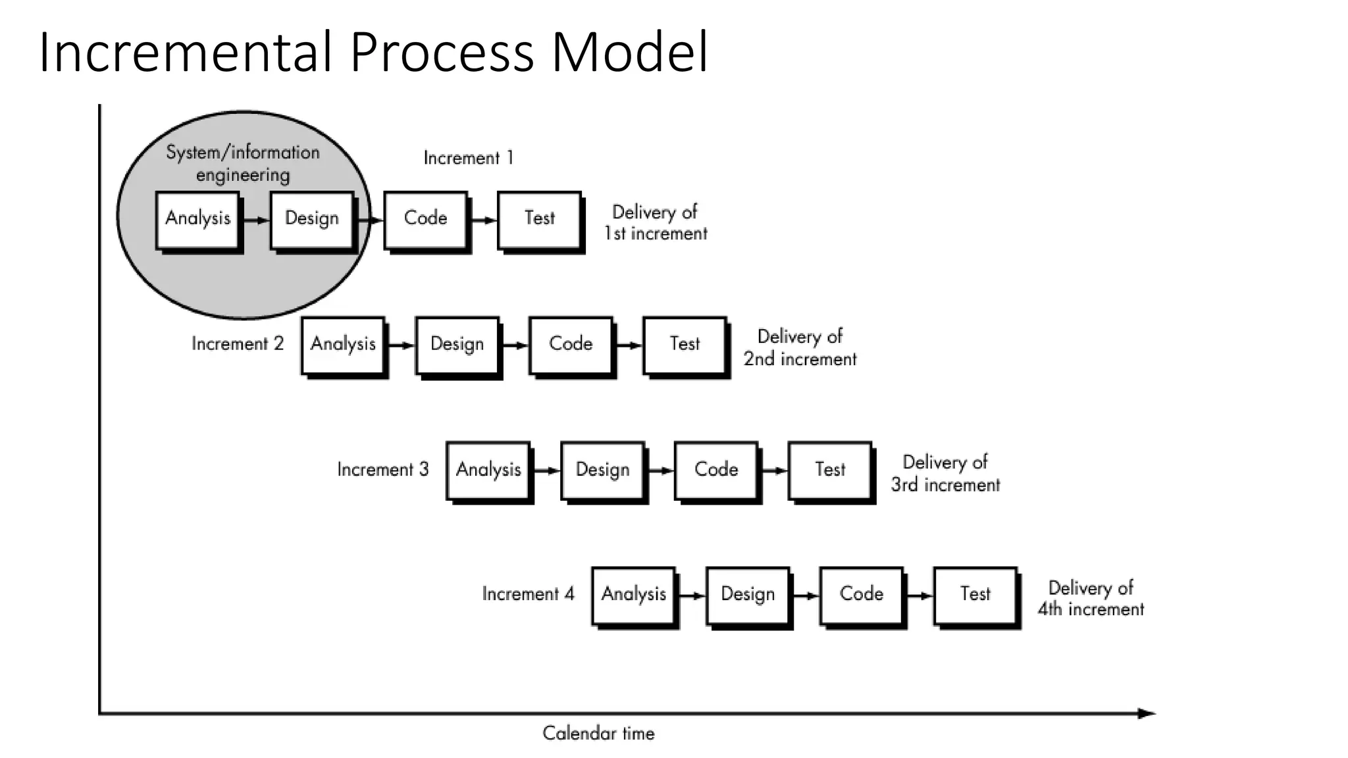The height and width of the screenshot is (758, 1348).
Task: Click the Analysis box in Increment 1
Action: pos(197,219)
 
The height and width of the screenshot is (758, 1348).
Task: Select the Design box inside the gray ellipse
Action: pos(311,219)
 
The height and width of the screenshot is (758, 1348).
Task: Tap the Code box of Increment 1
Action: pos(425,219)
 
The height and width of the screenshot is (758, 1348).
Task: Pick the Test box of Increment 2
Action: pos(685,345)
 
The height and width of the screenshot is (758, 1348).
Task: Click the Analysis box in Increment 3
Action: pos(488,470)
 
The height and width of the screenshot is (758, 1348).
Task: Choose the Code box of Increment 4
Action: pos(861,595)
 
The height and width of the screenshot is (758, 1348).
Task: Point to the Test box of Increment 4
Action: pos(975,595)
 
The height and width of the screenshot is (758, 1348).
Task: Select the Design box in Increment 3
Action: pos(602,470)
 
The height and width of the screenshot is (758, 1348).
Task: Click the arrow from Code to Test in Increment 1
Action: pos(484,220)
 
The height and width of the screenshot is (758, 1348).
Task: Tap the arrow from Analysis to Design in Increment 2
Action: pos(401,345)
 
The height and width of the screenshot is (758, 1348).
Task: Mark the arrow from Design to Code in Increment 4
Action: pos(806,595)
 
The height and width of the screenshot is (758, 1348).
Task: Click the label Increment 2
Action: pos(237,343)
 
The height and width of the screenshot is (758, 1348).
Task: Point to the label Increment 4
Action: pos(528,594)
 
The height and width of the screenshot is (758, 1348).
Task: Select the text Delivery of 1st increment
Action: pos(656,222)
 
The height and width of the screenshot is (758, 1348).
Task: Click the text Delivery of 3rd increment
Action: pos(945,473)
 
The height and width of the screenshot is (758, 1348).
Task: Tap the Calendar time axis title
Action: pos(598,733)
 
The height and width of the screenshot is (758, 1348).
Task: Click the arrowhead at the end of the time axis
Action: pos(1147,713)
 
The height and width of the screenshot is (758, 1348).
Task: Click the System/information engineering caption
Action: pos(243,163)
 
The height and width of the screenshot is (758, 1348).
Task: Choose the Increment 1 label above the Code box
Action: pos(468,158)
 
